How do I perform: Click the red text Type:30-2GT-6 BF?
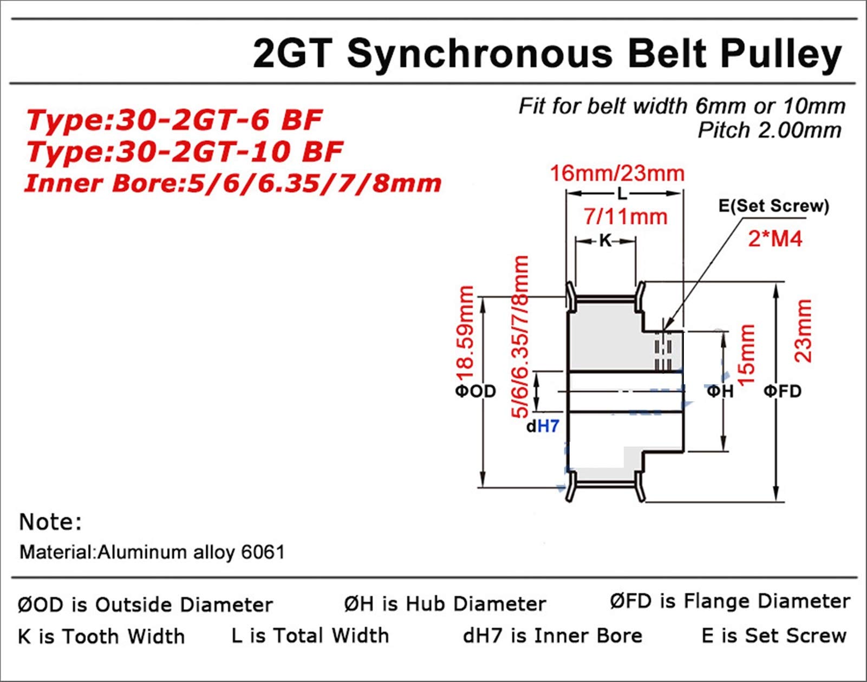(174, 120)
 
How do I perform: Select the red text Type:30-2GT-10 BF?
(185, 152)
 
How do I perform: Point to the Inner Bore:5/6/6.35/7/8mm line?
(233, 184)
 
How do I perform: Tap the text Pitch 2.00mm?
(770, 130)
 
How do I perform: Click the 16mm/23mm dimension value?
(617, 174)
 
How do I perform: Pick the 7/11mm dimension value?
(625, 217)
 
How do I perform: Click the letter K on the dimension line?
(605, 241)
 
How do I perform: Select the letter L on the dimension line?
(622, 194)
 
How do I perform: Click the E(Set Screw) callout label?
(774, 206)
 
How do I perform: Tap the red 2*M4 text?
(775, 239)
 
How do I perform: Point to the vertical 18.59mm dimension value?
(465, 332)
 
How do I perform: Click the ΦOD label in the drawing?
(475, 391)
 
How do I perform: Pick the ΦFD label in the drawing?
(783, 391)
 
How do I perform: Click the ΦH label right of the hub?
(720, 391)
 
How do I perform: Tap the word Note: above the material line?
(50, 522)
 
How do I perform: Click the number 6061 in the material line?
(263, 552)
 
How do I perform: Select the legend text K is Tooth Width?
(101, 636)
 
